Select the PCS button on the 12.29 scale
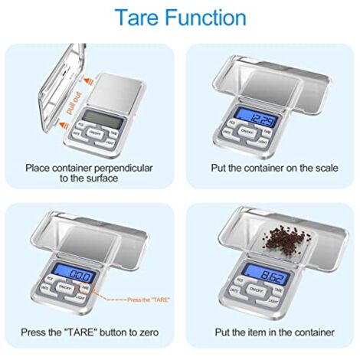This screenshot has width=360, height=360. (x=231, y=122)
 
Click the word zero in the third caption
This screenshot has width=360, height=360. (x=157, y=332)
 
